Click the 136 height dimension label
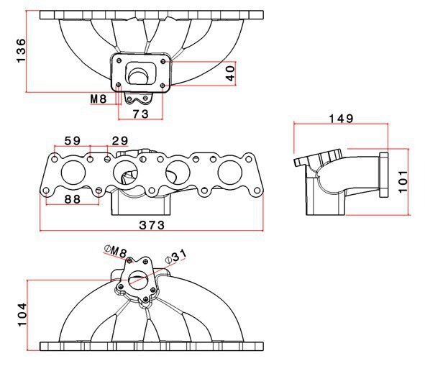(21, 51)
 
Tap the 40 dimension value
(230, 73)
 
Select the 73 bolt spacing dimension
(141, 114)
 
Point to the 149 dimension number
(341, 119)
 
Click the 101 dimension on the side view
(403, 182)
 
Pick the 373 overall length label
(152, 225)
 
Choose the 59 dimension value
(73, 141)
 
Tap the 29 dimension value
(120, 141)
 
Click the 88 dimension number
(73, 199)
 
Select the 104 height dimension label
(22, 315)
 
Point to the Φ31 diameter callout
(176, 256)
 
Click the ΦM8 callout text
(116, 252)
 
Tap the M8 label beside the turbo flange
(98, 99)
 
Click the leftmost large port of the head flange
(73, 173)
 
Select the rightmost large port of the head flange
(230, 173)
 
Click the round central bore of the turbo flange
(139, 76)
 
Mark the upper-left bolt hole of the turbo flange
(119, 60)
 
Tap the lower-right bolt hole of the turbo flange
(163, 86)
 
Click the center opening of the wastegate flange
(138, 280)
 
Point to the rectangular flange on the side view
(384, 175)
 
